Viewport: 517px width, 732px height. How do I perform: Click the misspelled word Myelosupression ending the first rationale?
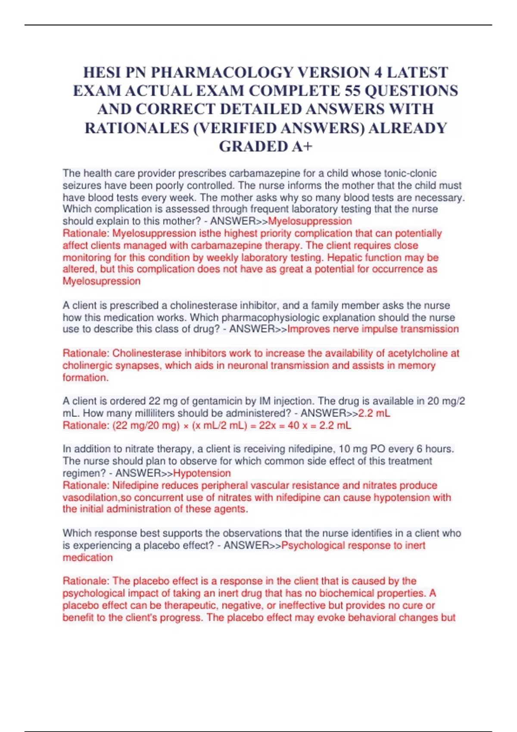tap(102, 282)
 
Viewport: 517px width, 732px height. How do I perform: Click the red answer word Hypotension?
tap(202, 473)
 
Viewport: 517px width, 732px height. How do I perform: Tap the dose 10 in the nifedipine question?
tap(345, 449)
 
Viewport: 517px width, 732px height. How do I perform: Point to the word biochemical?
tap(347, 593)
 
